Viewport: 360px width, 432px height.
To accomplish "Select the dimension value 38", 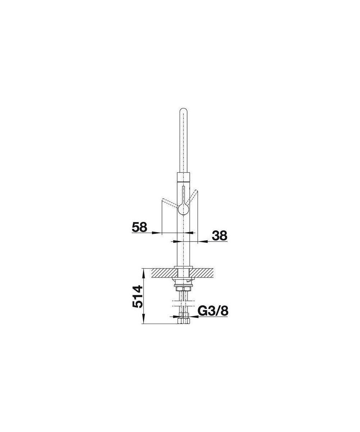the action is point(220,235).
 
